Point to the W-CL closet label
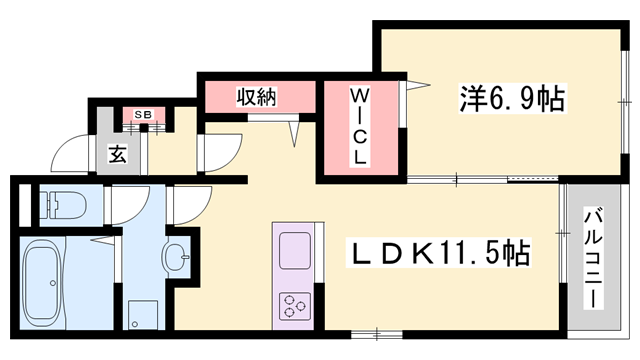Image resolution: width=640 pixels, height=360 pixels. (359, 127)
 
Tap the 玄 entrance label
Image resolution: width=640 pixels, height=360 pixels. (117, 156)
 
